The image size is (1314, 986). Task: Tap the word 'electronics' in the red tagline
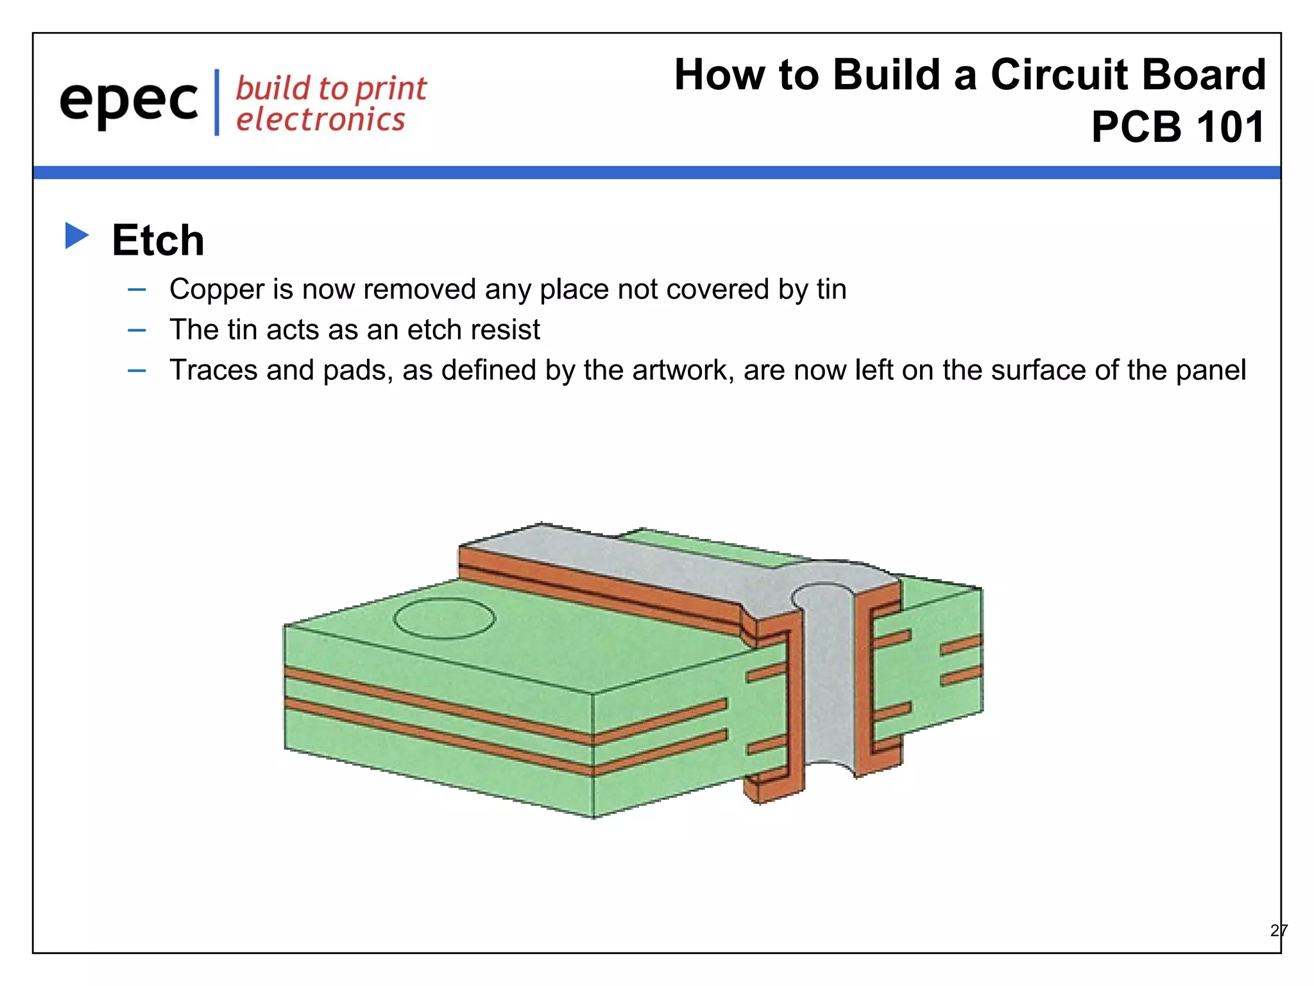click(320, 120)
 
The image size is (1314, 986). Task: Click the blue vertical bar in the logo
click(217, 102)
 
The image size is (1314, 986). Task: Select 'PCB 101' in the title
click(1178, 127)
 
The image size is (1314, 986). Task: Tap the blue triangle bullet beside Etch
click(76, 236)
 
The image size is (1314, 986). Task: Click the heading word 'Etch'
click(158, 240)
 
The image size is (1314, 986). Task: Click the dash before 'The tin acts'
click(137, 331)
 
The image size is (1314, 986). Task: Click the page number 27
click(1278, 930)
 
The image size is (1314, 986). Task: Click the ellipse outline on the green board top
click(444, 619)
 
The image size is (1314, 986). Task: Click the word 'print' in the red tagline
click(391, 89)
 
